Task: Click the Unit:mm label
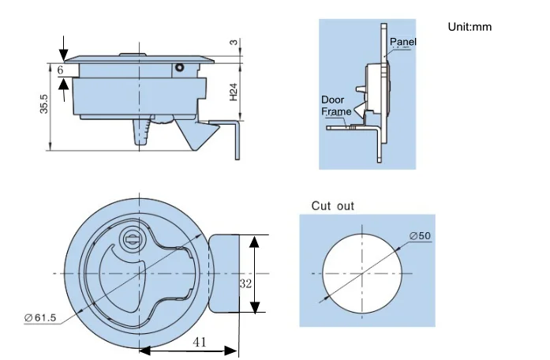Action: [470, 27]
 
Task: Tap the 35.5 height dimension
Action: [44, 104]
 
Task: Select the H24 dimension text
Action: [234, 92]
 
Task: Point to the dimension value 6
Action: [60, 70]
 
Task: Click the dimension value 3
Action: [234, 43]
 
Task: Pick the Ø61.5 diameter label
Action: [40, 318]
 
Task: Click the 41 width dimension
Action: [200, 342]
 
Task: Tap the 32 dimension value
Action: [245, 283]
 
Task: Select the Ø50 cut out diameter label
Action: [420, 236]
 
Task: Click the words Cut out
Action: [332, 206]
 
